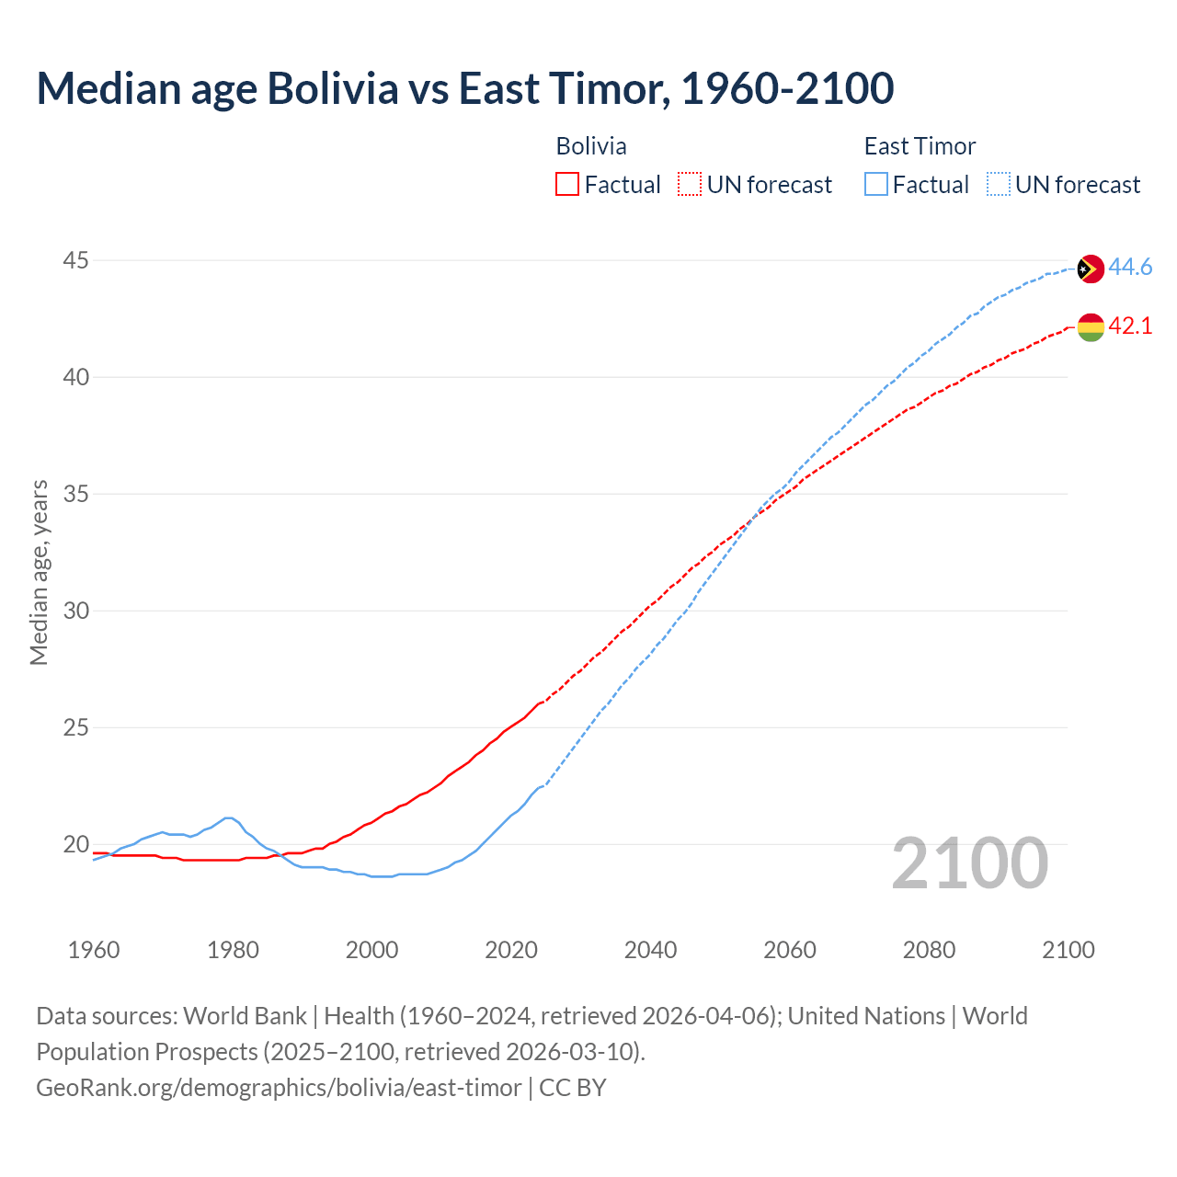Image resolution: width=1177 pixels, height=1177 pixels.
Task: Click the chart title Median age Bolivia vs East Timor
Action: pyautogui.click(x=464, y=88)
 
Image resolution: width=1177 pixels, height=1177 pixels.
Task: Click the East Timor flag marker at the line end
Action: pyautogui.click(x=1090, y=269)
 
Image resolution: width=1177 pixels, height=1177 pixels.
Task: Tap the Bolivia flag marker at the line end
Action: pyautogui.click(x=1090, y=326)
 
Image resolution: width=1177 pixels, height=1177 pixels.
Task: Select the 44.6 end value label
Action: pyautogui.click(x=1130, y=268)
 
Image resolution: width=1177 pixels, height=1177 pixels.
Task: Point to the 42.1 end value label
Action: pyautogui.click(x=1130, y=326)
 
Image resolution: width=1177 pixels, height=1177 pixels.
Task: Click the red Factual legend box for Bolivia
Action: pyautogui.click(x=567, y=185)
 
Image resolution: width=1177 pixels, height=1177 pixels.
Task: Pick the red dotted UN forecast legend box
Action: pyautogui.click(x=690, y=185)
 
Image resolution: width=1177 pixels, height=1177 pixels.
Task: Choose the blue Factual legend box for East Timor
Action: pyautogui.click(x=875, y=185)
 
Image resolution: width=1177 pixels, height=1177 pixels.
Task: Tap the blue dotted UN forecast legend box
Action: pyautogui.click(x=998, y=185)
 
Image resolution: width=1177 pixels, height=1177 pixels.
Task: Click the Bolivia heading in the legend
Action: pyautogui.click(x=591, y=146)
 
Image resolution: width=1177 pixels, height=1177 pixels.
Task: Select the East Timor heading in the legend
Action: pyautogui.click(x=920, y=146)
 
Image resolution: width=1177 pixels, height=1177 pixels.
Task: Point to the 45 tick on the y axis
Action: pyautogui.click(x=75, y=261)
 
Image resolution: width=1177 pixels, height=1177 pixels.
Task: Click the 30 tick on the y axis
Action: pyautogui.click(x=75, y=611)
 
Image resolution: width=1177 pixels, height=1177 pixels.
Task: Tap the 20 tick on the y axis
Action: pyautogui.click(x=75, y=844)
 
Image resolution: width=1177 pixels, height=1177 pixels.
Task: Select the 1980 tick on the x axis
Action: pyautogui.click(x=233, y=950)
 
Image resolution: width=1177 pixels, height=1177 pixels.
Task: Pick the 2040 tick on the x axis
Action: pyautogui.click(x=650, y=950)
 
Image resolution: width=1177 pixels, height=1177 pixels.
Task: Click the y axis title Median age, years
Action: pyautogui.click(x=39, y=572)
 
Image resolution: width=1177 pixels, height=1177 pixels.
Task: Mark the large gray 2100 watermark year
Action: pyautogui.click(x=969, y=863)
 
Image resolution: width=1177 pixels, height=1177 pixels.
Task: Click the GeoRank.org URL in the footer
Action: pyautogui.click(x=279, y=1087)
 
